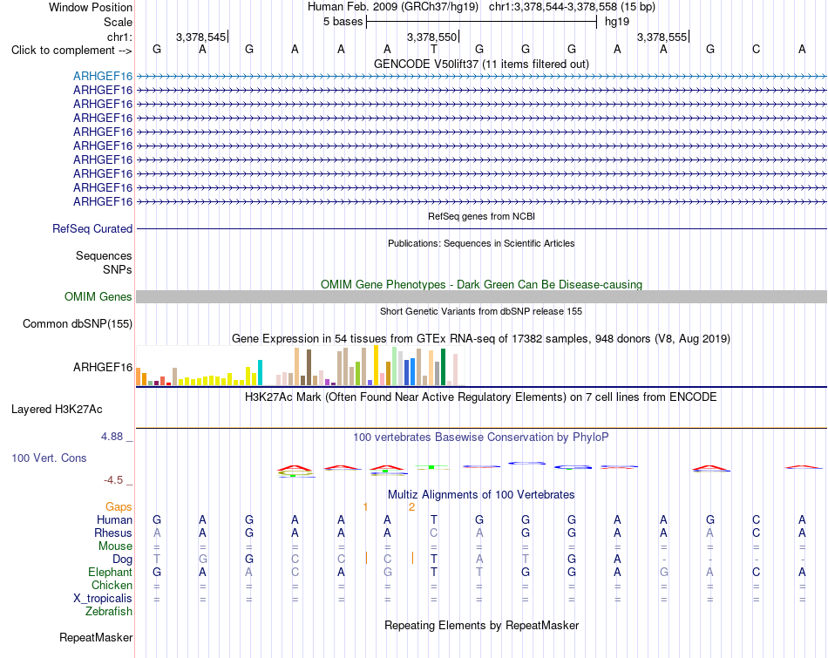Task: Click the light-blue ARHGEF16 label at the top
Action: pos(103,76)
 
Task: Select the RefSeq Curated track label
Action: pos(92,228)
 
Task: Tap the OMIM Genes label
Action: pos(98,297)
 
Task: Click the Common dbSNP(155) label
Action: pos(78,323)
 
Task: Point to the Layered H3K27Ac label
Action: pos(57,410)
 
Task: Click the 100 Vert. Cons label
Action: pos(49,458)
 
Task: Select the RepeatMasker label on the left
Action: pos(96,637)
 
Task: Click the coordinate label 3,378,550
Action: pos(431,37)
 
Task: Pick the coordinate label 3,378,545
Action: pos(200,37)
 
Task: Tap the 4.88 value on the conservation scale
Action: pos(112,437)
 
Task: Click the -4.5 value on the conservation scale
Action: pos(113,480)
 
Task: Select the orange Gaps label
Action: pos(119,507)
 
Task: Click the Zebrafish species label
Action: pos(109,612)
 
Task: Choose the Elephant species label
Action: pos(111,573)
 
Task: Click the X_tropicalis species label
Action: pos(103,599)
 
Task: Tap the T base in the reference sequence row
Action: pos(433,50)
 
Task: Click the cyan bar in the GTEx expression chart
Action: pos(260,372)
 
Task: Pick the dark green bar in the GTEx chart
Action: pos(443,367)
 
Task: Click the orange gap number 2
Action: pos(412,507)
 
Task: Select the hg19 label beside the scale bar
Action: pos(617,22)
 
